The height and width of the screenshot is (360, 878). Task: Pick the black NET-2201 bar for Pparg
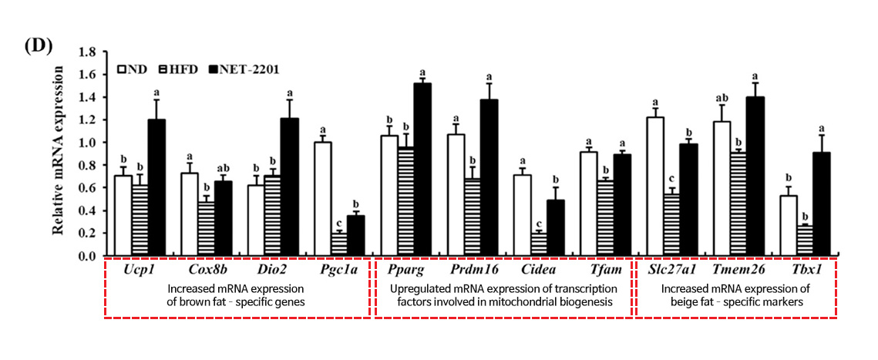(422, 170)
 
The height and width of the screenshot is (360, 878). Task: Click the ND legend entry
(133, 69)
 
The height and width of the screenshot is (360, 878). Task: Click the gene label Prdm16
(474, 269)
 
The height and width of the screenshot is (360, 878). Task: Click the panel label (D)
(37, 45)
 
